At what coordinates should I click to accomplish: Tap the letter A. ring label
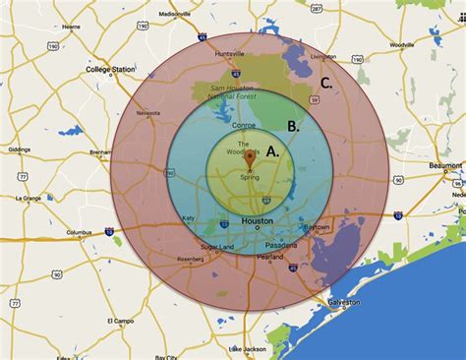click(272, 152)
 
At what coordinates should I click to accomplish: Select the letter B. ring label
click(293, 125)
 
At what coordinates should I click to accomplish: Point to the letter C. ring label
click(326, 82)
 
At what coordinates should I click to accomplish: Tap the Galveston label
click(345, 302)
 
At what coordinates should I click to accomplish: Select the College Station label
click(114, 70)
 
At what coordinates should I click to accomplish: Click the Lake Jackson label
click(247, 348)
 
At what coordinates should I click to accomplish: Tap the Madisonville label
click(174, 14)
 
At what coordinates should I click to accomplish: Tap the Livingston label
click(337, 56)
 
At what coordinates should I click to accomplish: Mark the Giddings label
click(21, 150)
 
